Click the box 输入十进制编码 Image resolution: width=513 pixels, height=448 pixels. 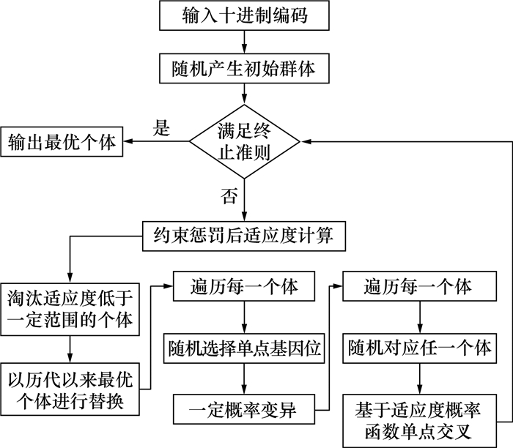pyautogui.click(x=244, y=15)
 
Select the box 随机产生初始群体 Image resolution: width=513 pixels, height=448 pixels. pyautogui.click(x=244, y=69)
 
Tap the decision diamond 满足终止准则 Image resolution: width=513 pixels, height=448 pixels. pyautogui.click(x=245, y=141)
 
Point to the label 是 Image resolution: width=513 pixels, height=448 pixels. pyautogui.click(x=160, y=129)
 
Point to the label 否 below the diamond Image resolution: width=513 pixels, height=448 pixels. pyautogui.click(x=226, y=195)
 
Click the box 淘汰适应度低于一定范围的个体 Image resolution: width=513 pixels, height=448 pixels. pyautogui.click(x=69, y=307)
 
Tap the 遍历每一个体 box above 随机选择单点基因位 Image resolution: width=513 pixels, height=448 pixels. pyautogui.click(x=243, y=286)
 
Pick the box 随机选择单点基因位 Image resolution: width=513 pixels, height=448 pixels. pyautogui.click(x=243, y=347)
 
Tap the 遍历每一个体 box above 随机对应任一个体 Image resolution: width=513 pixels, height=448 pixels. pyautogui.click(x=418, y=286)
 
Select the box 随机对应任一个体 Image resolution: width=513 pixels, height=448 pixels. pyautogui.click(x=418, y=347)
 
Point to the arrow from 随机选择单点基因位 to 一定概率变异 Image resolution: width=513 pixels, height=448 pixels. pyautogui.click(x=243, y=378)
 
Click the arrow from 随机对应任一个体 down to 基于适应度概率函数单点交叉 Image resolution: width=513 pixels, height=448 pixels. pyautogui.click(x=418, y=378)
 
